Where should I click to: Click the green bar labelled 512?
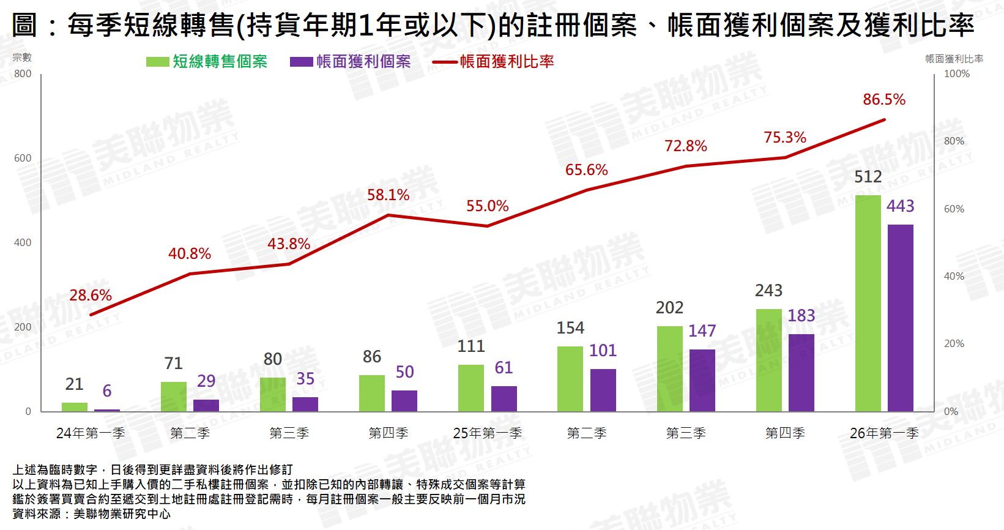tap(868, 303)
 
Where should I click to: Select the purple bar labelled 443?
tap(900, 318)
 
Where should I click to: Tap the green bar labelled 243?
tap(768, 360)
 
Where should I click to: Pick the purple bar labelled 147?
tap(702, 380)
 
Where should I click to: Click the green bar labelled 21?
tap(75, 406)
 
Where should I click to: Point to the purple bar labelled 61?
tap(504, 398)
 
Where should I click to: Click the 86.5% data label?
tap(883, 100)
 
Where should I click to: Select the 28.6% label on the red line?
tap(91, 296)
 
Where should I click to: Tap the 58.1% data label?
tap(388, 195)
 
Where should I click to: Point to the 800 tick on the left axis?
tap(23, 74)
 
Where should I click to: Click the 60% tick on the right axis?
tap(954, 209)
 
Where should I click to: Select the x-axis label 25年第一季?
tap(487, 433)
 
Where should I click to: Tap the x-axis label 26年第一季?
tap(883, 433)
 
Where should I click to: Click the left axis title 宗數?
tap(22, 58)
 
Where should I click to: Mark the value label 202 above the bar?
tap(669, 308)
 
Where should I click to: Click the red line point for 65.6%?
tap(587, 190)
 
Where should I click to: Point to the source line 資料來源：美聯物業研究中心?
tap(92, 514)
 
